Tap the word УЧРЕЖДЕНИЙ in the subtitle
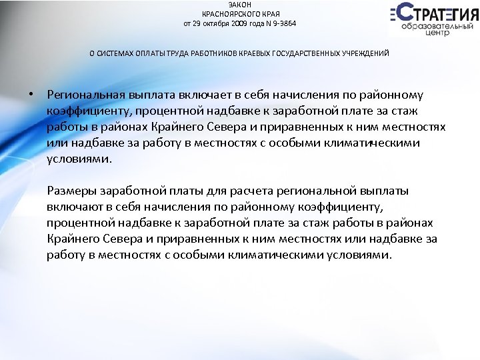[x=366, y=53]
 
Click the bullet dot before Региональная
[x=31, y=95]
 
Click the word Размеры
[x=72, y=191]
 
